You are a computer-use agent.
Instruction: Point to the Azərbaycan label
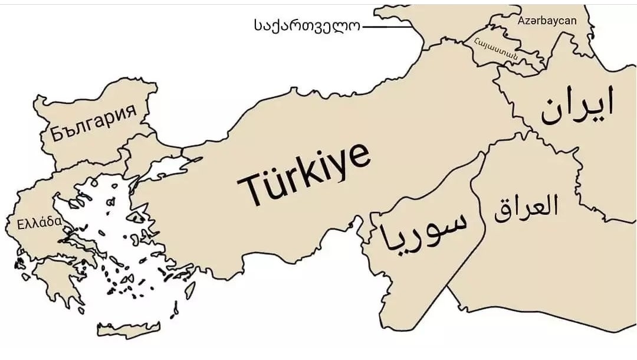pyautogui.click(x=547, y=21)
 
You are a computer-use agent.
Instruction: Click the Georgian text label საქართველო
pyautogui.click(x=307, y=26)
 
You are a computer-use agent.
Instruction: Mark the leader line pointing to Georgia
pyautogui.click(x=386, y=26)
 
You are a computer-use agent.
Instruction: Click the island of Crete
pyautogui.click(x=128, y=329)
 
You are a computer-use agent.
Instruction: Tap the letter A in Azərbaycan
pyautogui.click(x=522, y=21)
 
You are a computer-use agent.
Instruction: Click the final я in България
pyautogui.click(x=131, y=112)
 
